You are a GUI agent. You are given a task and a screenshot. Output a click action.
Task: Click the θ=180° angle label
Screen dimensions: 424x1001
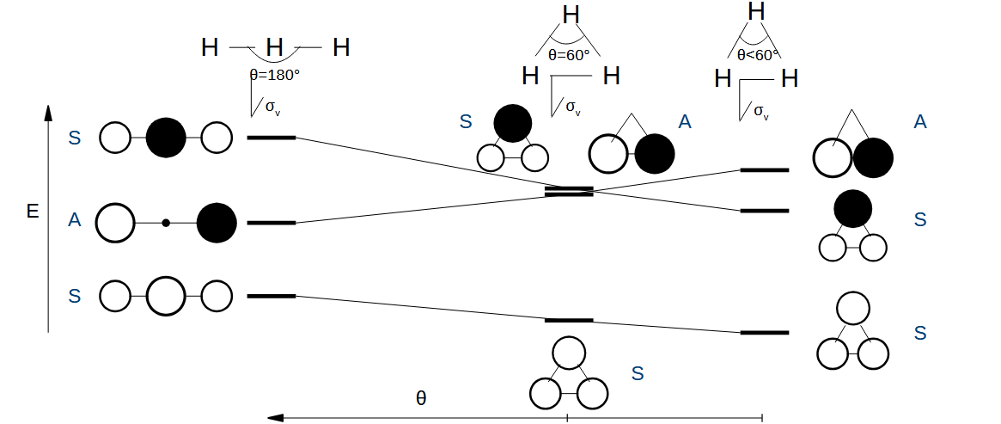pyautogui.click(x=274, y=75)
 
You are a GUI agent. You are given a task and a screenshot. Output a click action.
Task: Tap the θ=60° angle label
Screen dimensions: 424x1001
pyautogui.click(x=569, y=55)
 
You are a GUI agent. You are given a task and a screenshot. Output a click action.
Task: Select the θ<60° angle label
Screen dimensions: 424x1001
pyautogui.click(x=758, y=53)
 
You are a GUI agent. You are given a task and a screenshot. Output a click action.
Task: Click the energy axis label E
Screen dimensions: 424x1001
pyautogui.click(x=33, y=211)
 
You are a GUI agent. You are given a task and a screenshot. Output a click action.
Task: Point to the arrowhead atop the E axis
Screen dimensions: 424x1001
pyautogui.click(x=48, y=113)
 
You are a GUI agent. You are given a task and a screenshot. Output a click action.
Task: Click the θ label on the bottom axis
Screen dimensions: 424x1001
pyautogui.click(x=421, y=398)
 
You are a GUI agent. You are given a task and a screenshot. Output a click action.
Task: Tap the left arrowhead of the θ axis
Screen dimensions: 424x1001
pyautogui.click(x=275, y=418)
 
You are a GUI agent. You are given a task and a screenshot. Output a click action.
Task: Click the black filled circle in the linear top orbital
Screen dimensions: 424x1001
pyautogui.click(x=166, y=137)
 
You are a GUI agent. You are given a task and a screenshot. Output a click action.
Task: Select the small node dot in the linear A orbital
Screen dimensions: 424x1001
pyautogui.click(x=166, y=223)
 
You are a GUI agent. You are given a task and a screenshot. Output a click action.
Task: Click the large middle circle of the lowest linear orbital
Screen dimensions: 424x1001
pyautogui.click(x=166, y=296)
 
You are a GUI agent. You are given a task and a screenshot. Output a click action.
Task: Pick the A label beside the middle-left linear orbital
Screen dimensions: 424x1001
pyautogui.click(x=75, y=221)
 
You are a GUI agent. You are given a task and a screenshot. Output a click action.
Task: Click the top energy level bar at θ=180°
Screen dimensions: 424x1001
pyautogui.click(x=271, y=138)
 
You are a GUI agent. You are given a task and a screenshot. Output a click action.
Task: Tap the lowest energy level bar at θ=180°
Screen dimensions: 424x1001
pyautogui.click(x=271, y=296)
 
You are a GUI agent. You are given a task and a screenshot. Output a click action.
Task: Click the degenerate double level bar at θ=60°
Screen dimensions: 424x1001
pyautogui.click(x=569, y=191)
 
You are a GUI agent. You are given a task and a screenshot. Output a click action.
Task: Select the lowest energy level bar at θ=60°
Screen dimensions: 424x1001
pyautogui.click(x=569, y=320)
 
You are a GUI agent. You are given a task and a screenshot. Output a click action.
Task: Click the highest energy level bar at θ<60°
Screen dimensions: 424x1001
pyautogui.click(x=764, y=170)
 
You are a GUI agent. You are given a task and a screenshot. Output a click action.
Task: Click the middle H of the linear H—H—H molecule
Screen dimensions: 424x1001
pyautogui.click(x=274, y=47)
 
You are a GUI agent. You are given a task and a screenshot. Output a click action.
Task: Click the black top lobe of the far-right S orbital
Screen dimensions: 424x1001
pyautogui.click(x=852, y=209)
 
